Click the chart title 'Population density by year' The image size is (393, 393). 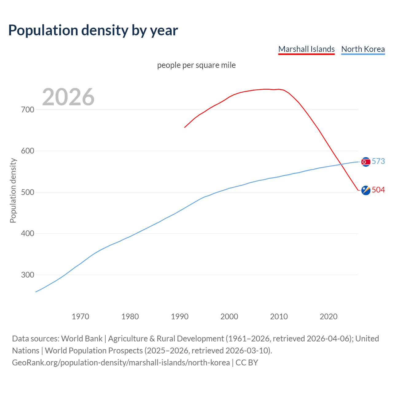coord(93,30)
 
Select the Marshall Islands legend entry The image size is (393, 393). coord(306,49)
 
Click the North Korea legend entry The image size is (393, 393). coord(363,49)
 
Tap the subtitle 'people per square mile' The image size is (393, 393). coord(196,65)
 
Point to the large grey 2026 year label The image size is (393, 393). coord(68,97)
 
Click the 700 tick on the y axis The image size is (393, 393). coord(28,110)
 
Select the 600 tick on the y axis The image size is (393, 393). coord(28,151)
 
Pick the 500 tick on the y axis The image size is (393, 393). coord(28,192)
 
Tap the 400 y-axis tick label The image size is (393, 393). coord(28,234)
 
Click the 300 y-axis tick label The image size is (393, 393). coord(28,275)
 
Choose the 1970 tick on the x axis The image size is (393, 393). coord(80,316)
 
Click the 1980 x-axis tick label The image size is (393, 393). coord(130,316)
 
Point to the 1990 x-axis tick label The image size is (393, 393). coord(180,316)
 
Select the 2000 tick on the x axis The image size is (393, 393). coord(229,316)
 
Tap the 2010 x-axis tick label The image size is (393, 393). coord(279,316)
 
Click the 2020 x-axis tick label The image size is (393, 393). coord(329,316)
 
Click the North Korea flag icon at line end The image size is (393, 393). coord(366,162)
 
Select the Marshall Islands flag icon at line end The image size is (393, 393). coord(366,190)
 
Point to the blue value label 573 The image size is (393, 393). coord(378,161)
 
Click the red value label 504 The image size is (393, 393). coord(378,190)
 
